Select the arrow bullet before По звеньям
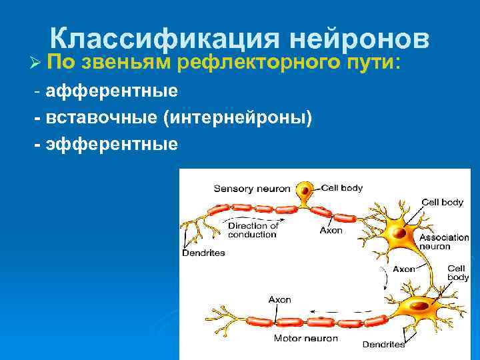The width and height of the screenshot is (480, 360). pyautogui.click(x=37, y=63)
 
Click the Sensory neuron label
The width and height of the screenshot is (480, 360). pyautogui.click(x=251, y=189)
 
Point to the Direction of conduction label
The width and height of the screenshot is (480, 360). pyautogui.click(x=253, y=230)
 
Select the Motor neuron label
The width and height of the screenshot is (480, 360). pyautogui.click(x=306, y=338)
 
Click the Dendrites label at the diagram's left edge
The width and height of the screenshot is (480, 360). pyautogui.click(x=203, y=253)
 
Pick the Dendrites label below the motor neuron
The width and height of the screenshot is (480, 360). pyautogui.click(x=383, y=345)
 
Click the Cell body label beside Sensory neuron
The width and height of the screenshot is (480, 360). pyautogui.click(x=342, y=188)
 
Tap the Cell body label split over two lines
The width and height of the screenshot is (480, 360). pyautogui.click(x=458, y=272)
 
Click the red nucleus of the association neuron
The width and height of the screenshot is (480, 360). pyautogui.click(x=399, y=234)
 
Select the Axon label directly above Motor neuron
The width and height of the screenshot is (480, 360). pyautogui.click(x=279, y=299)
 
